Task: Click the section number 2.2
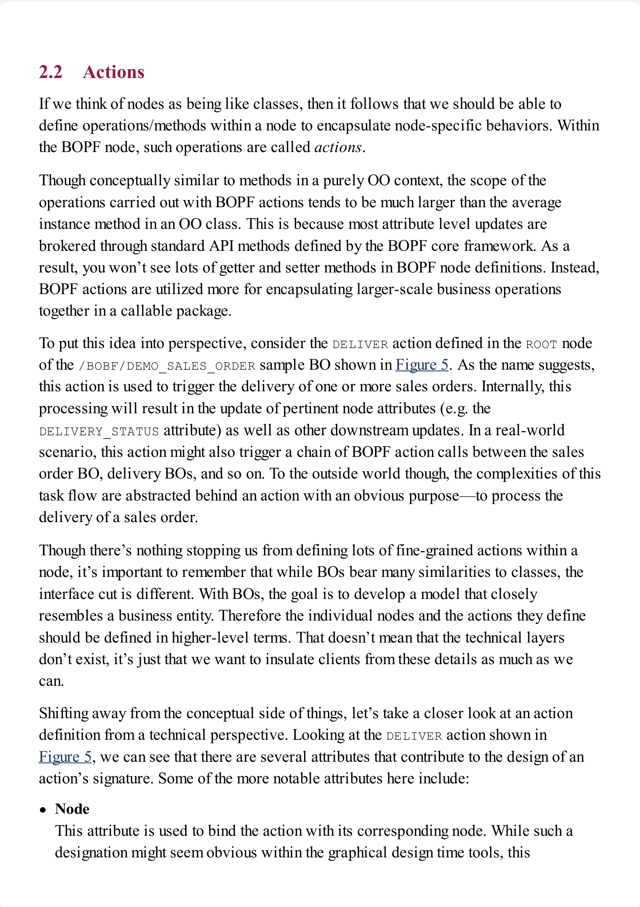click(51, 72)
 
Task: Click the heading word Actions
click(114, 72)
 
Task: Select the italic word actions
click(338, 147)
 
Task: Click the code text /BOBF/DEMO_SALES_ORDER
click(167, 366)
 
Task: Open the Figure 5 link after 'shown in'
click(422, 365)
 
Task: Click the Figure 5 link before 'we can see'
click(65, 757)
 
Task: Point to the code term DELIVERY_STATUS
click(99, 431)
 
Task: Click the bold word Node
click(72, 809)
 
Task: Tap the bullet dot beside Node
click(43, 810)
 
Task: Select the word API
click(221, 246)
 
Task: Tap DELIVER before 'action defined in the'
click(360, 344)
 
